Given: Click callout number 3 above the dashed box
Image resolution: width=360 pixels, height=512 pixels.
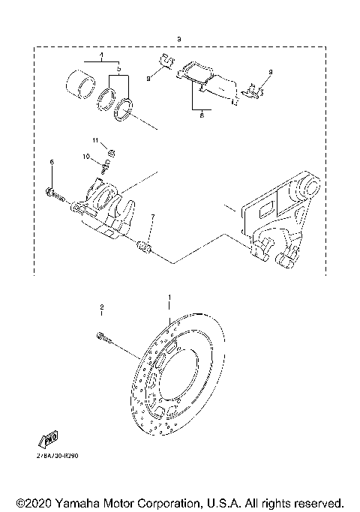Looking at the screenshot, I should [178, 38].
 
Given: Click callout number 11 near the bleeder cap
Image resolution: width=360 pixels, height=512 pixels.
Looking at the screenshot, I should [96, 140].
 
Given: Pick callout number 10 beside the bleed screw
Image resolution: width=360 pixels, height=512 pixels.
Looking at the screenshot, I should [87, 157].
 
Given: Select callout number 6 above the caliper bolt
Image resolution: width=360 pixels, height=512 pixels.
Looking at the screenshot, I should [51, 162].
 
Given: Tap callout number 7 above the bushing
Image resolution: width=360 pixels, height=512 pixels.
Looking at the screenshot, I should [153, 217].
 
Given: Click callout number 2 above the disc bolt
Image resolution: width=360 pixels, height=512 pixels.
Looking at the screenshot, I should [100, 308].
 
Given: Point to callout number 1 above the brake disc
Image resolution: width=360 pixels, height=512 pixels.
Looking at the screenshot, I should [169, 297].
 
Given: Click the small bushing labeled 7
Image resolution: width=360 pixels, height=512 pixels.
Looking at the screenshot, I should [146, 246].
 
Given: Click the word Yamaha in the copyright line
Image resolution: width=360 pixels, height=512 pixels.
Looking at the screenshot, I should [77, 502].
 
